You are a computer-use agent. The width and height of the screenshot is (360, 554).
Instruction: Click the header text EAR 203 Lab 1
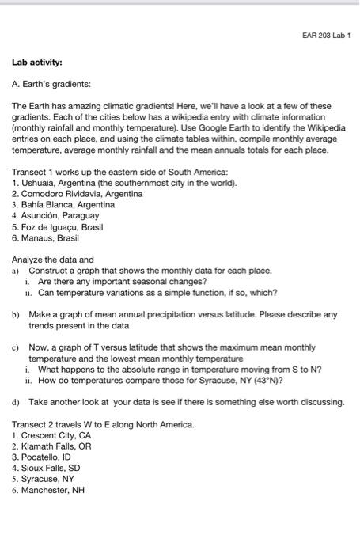coord(324,36)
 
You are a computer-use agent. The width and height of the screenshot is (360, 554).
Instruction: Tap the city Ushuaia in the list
coord(38,183)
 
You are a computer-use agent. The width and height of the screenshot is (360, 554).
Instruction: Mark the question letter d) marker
coord(16,402)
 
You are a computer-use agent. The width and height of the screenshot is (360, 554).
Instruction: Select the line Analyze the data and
coord(52,259)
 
